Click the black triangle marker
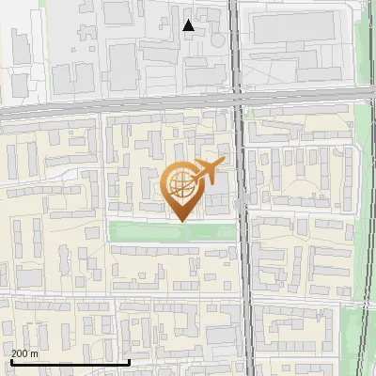tap(188, 25)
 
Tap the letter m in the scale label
tap(36, 353)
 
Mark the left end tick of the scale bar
tap(10, 362)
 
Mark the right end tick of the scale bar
tap(129, 362)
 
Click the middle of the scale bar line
tap(70, 363)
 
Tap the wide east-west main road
tap(113, 106)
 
